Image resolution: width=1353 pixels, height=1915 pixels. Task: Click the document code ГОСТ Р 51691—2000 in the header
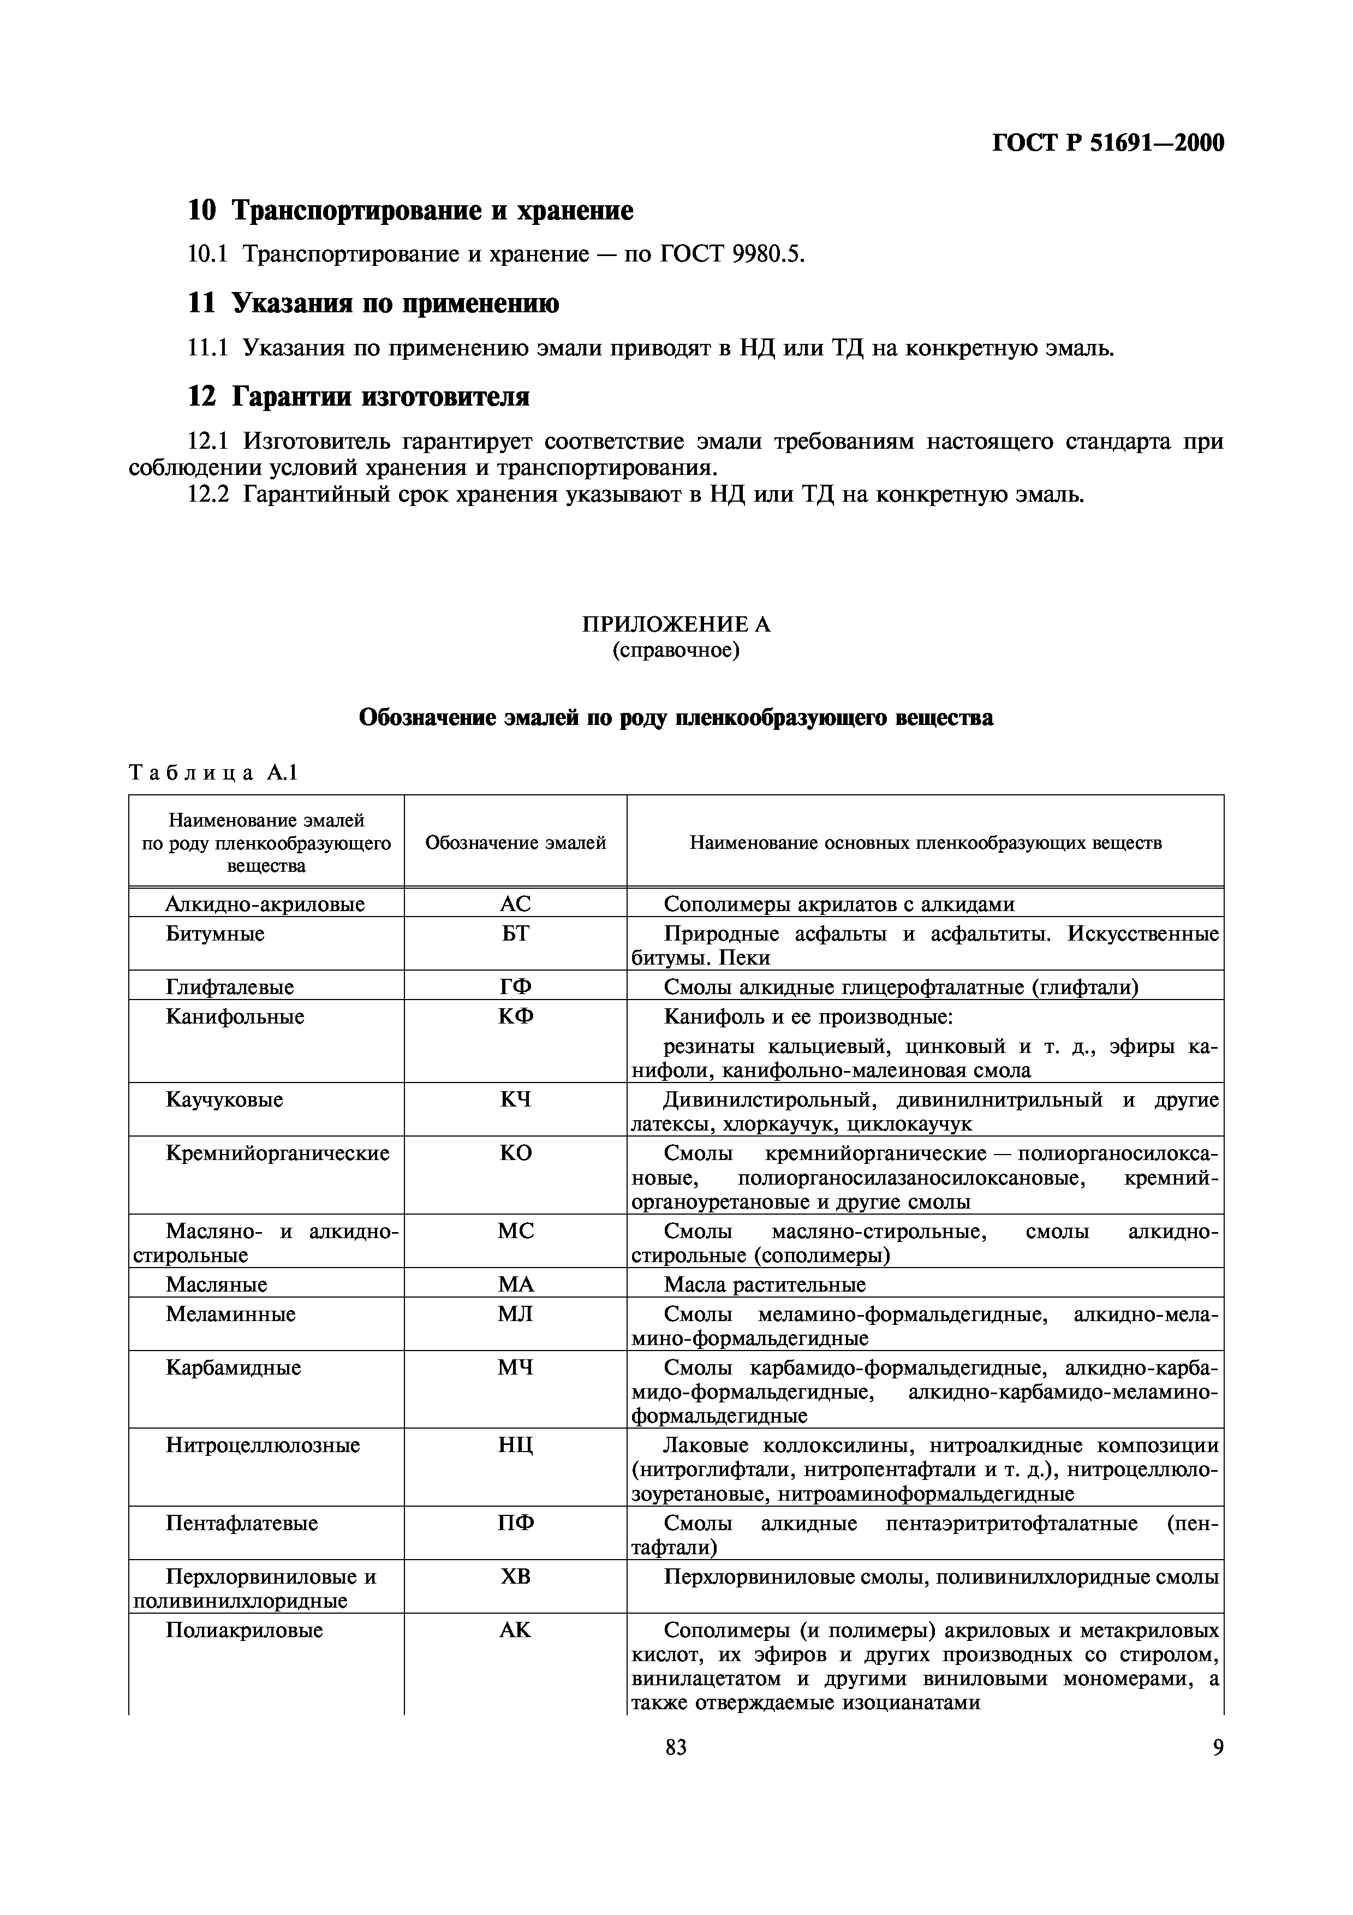(1108, 144)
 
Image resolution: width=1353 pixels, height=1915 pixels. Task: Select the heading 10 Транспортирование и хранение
(410, 210)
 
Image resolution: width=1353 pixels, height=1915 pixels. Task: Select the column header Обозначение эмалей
(515, 842)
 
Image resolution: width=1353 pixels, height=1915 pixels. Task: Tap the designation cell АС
(515, 903)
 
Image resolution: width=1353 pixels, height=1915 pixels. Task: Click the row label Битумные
(215, 933)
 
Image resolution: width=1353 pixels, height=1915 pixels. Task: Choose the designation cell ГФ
(515, 986)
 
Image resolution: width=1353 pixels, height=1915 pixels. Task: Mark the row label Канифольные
(235, 1016)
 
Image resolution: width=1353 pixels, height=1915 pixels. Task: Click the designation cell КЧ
(515, 1099)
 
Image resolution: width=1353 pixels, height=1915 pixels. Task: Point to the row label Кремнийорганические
(278, 1153)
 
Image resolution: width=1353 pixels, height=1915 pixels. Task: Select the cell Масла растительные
(765, 1284)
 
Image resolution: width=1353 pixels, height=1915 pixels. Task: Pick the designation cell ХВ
(515, 1577)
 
